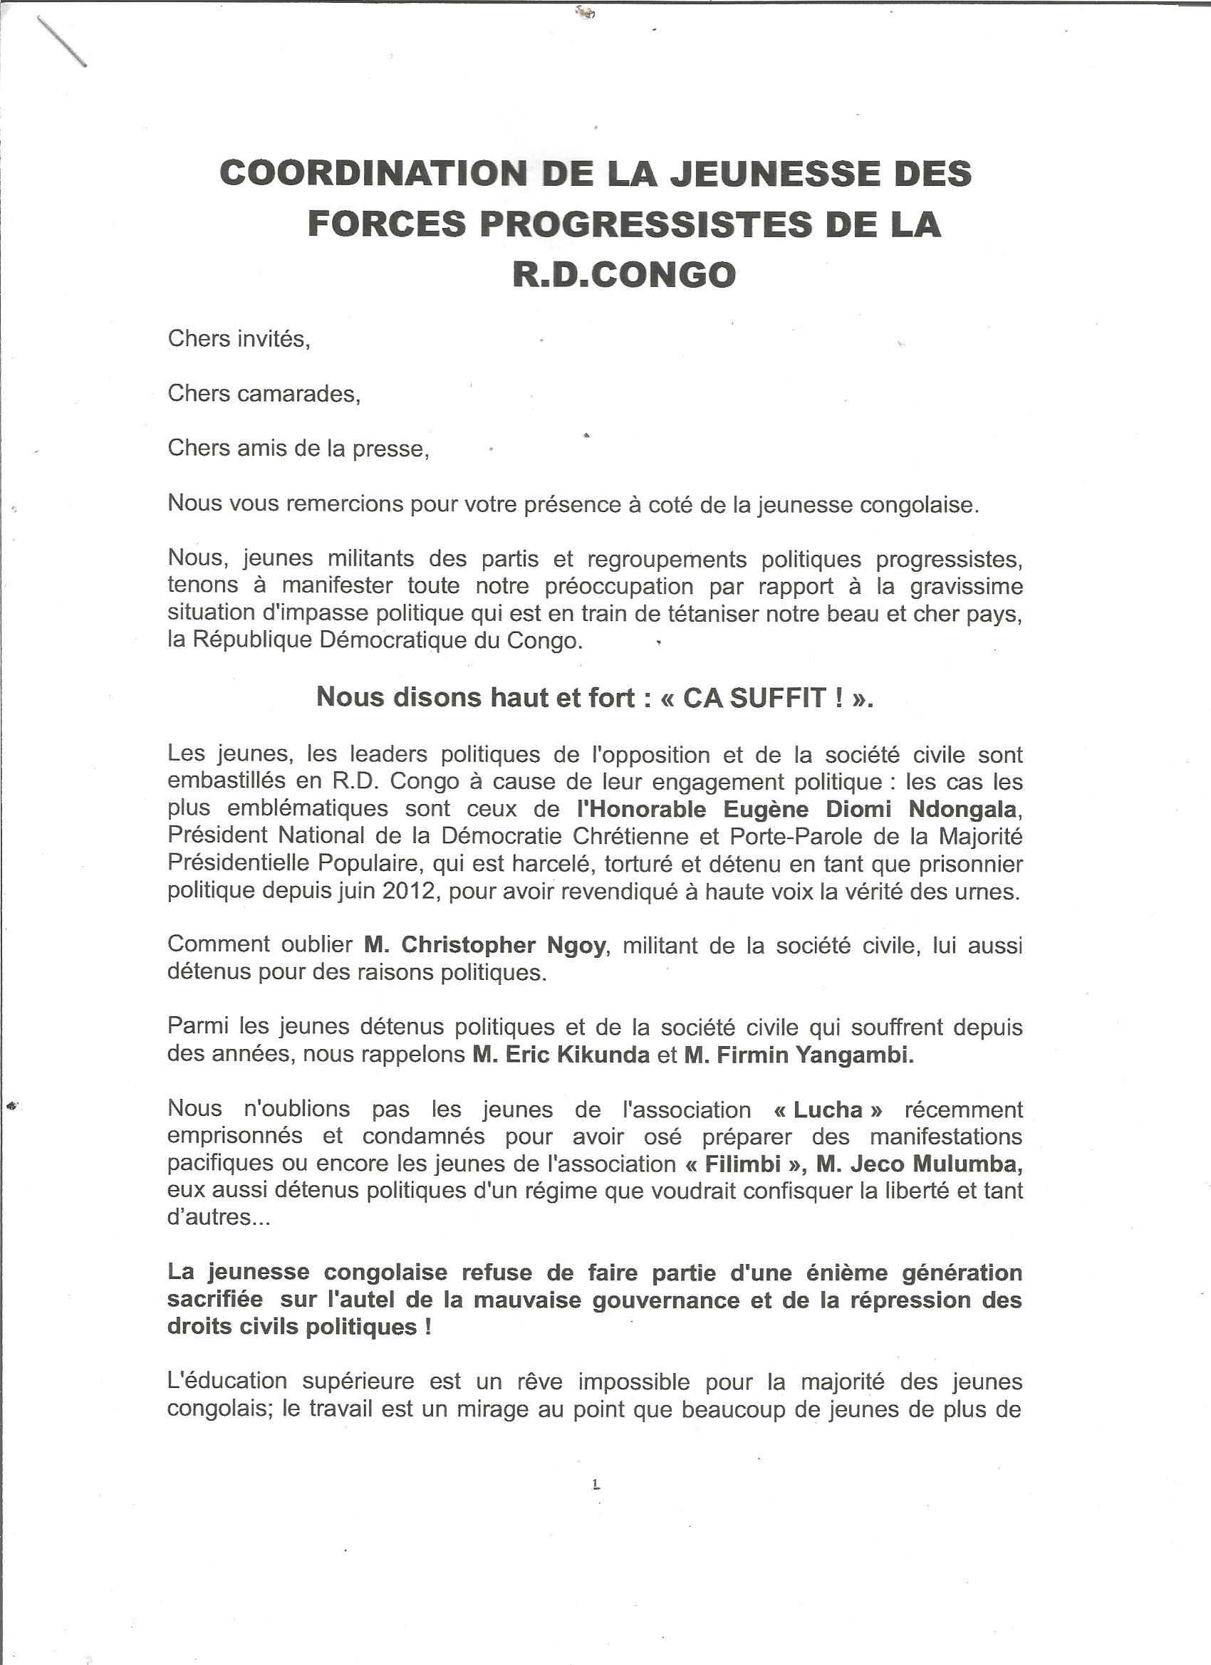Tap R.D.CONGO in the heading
pyautogui.click(x=623, y=276)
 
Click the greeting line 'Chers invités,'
pyautogui.click(x=239, y=339)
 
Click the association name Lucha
pyautogui.click(x=828, y=1110)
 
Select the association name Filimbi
pyautogui.click(x=742, y=1164)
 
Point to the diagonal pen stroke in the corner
pyautogui.click(x=62, y=42)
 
